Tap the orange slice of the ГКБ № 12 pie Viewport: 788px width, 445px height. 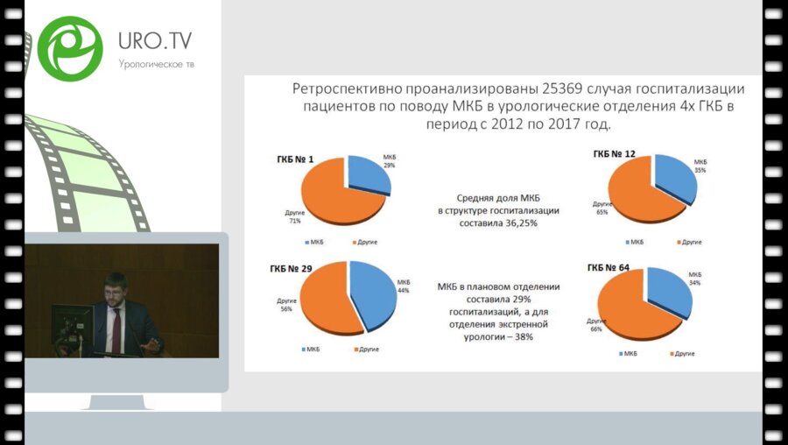(x=639, y=193)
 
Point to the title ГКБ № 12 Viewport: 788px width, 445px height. (x=615, y=154)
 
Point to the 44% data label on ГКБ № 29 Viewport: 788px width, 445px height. (x=403, y=290)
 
